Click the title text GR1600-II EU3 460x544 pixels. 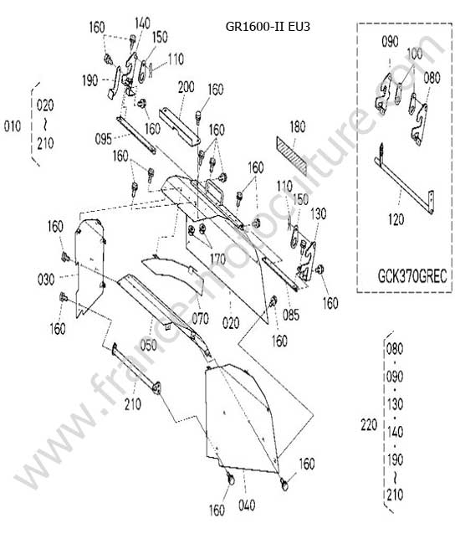[x=268, y=27]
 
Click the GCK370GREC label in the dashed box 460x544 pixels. [x=412, y=276]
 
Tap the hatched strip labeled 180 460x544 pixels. [x=292, y=154]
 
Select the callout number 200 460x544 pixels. [x=187, y=87]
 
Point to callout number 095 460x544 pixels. [x=104, y=140]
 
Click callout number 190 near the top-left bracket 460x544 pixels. [x=90, y=81]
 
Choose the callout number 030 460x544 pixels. [x=46, y=280]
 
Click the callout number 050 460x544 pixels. [x=148, y=345]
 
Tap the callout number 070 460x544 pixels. [x=201, y=319]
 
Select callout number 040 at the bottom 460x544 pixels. [x=247, y=506]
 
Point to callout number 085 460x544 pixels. [x=291, y=315]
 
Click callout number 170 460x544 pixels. [x=217, y=259]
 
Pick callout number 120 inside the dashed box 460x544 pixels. [x=396, y=219]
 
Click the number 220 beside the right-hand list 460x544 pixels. [x=369, y=424]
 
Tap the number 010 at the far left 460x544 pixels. [x=13, y=126]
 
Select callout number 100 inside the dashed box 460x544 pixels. [x=415, y=54]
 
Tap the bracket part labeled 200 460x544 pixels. [x=180, y=126]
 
